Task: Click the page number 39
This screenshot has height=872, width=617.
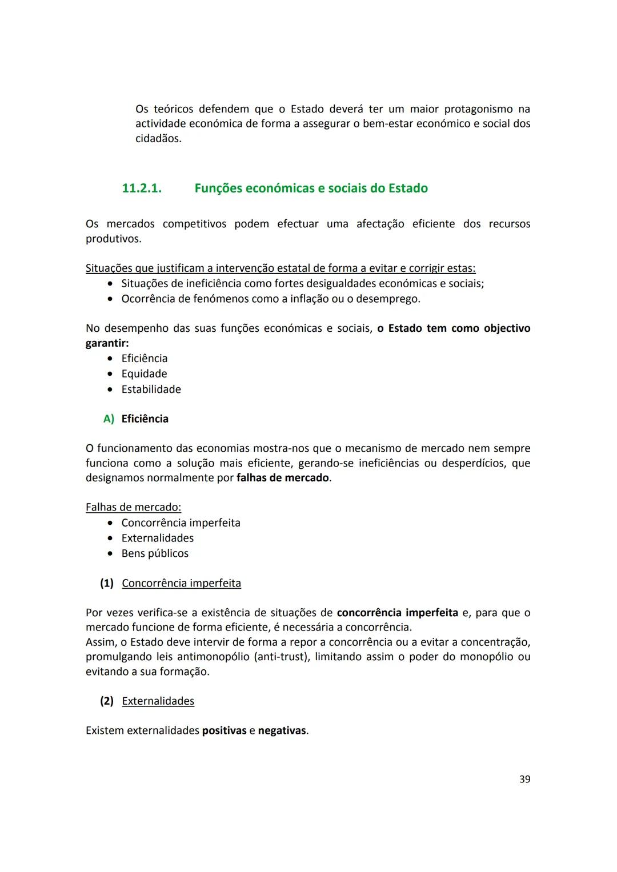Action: pos(524,779)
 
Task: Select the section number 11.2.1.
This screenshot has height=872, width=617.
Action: pos(142,188)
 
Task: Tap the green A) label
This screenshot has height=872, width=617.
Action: pos(109,419)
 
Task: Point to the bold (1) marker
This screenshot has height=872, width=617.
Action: pos(107,583)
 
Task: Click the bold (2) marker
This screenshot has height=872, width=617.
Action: pos(107,701)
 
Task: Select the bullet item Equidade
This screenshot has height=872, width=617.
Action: pos(144,373)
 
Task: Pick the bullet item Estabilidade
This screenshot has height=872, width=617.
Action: pos(151,389)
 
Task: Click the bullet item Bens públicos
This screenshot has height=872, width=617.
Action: pos(155,553)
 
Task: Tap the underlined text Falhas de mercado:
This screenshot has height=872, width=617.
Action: pos(133,507)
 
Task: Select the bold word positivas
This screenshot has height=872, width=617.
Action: pos(224,730)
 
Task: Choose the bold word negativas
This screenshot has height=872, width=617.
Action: pos(282,730)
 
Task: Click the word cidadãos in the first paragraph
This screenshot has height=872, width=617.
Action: pos(158,138)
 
